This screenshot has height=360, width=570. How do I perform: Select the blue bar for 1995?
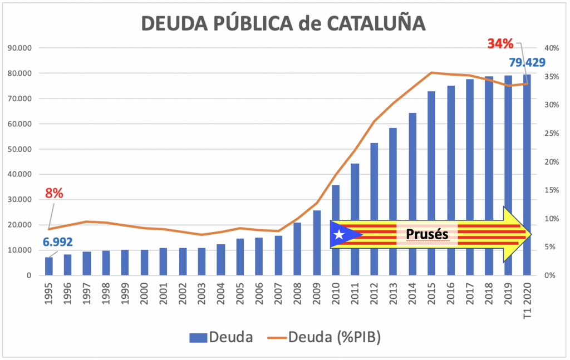(49, 266)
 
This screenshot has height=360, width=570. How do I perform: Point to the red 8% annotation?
(54, 194)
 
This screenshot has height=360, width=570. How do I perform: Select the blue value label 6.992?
(57, 243)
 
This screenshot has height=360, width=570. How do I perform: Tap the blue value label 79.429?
(527, 62)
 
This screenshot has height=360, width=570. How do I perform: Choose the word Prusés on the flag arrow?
(427, 234)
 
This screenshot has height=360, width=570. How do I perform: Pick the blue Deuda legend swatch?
(198, 337)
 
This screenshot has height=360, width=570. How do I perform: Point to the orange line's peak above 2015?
(431, 72)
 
